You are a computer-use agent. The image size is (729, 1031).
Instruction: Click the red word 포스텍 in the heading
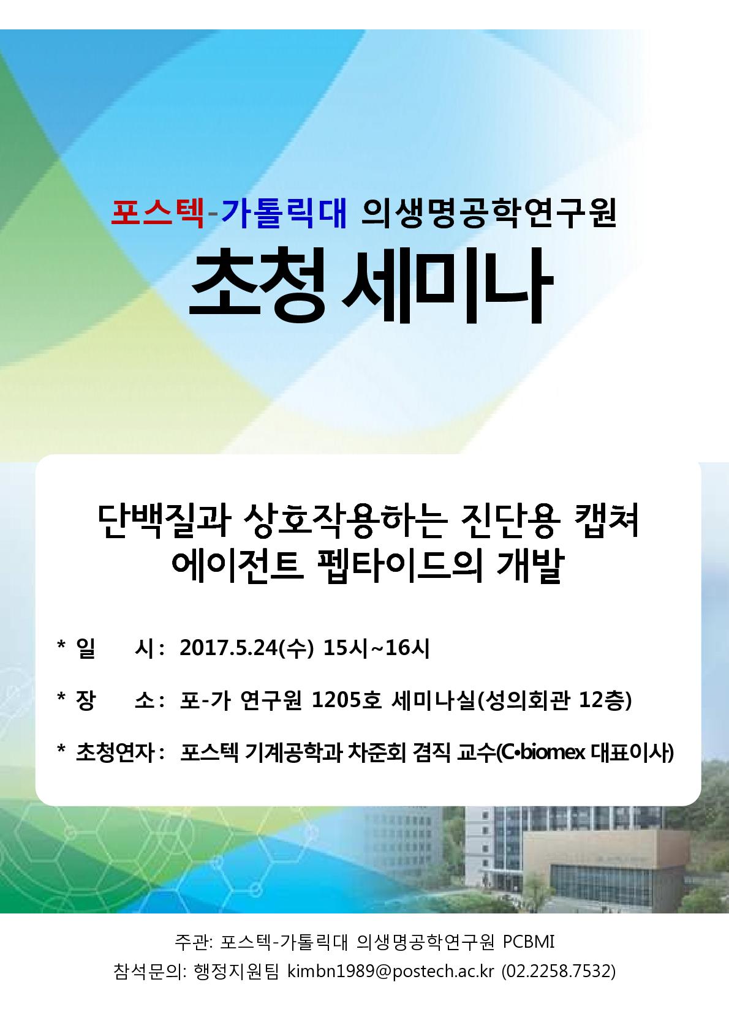coord(157,214)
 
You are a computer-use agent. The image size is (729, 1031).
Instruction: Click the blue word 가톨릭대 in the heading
coord(284,214)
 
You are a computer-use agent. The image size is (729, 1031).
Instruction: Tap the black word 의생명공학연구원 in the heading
coord(489,214)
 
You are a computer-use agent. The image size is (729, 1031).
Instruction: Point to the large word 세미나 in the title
coord(447,285)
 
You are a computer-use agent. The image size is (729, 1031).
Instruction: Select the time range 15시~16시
coord(376,648)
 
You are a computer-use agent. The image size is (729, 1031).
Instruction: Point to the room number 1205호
coord(347,700)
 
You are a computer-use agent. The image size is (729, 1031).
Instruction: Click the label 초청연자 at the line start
coord(115,752)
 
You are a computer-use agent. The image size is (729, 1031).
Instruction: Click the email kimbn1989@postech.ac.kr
coord(390,971)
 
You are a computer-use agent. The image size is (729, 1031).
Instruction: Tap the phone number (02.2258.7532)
coord(559,971)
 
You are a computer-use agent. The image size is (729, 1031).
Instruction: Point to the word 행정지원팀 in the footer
coord(236,971)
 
